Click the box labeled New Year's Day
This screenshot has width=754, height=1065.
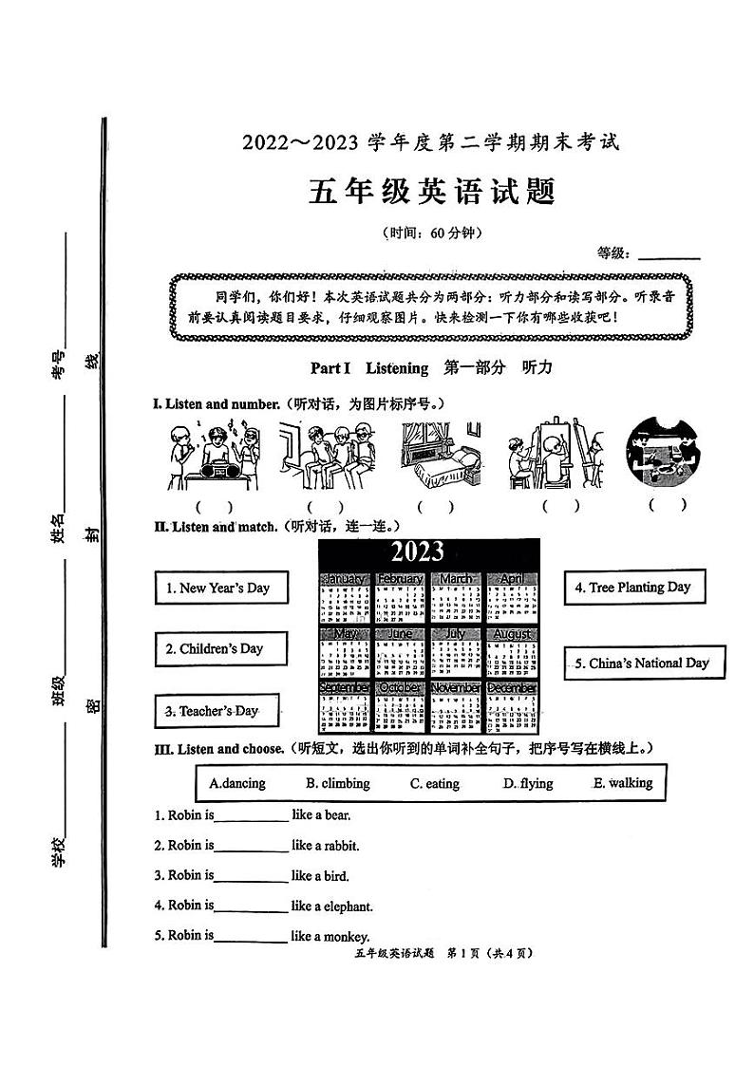[x=219, y=588]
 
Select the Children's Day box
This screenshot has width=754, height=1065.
[x=220, y=649]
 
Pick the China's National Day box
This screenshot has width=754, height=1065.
[x=644, y=663]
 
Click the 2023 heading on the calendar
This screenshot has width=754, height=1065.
[x=417, y=552]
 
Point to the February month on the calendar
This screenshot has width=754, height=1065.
[x=400, y=578]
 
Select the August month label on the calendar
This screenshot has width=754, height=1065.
[x=512, y=633]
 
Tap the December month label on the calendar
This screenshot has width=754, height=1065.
[x=512, y=688]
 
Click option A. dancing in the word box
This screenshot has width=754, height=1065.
[x=237, y=784]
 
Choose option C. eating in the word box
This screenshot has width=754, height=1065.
[x=435, y=784]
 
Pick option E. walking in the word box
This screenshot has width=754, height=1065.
[x=623, y=783]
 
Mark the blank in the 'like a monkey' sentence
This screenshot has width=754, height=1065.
[x=251, y=938]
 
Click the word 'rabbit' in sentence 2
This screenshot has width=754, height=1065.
[x=341, y=846]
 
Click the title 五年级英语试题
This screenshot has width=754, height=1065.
[x=430, y=191]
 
